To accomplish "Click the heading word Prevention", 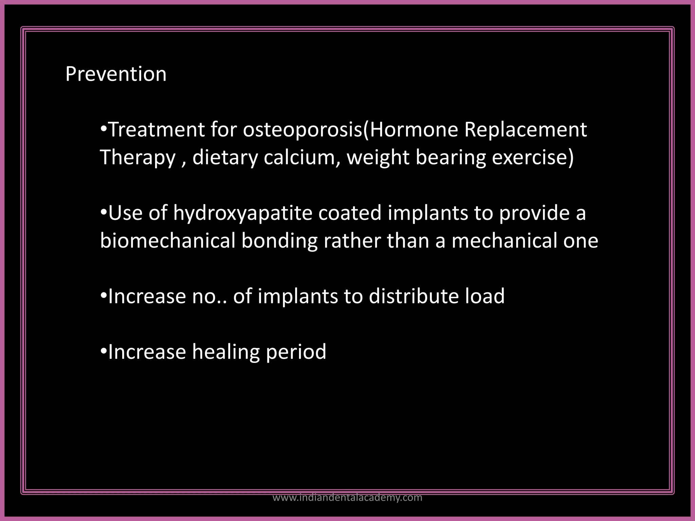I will tap(116, 74).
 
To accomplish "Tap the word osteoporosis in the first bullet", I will tap(302, 130).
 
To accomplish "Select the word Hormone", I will tap(414, 130).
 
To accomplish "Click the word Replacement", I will tap(526, 130).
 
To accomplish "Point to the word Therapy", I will tap(138, 158).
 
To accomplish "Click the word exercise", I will tap(529, 157).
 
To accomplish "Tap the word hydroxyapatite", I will tap(243, 213).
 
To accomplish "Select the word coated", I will tap(350, 213).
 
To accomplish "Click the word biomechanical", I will tap(168, 241).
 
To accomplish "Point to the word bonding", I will tap(279, 241).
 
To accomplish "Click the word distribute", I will tap(414, 296).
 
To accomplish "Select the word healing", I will tap(226, 352).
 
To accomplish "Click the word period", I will tap(296, 352).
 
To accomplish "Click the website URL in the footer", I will tap(347, 498).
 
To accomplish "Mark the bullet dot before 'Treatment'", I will tap(104, 129).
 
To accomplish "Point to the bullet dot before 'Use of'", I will tap(104, 212).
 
